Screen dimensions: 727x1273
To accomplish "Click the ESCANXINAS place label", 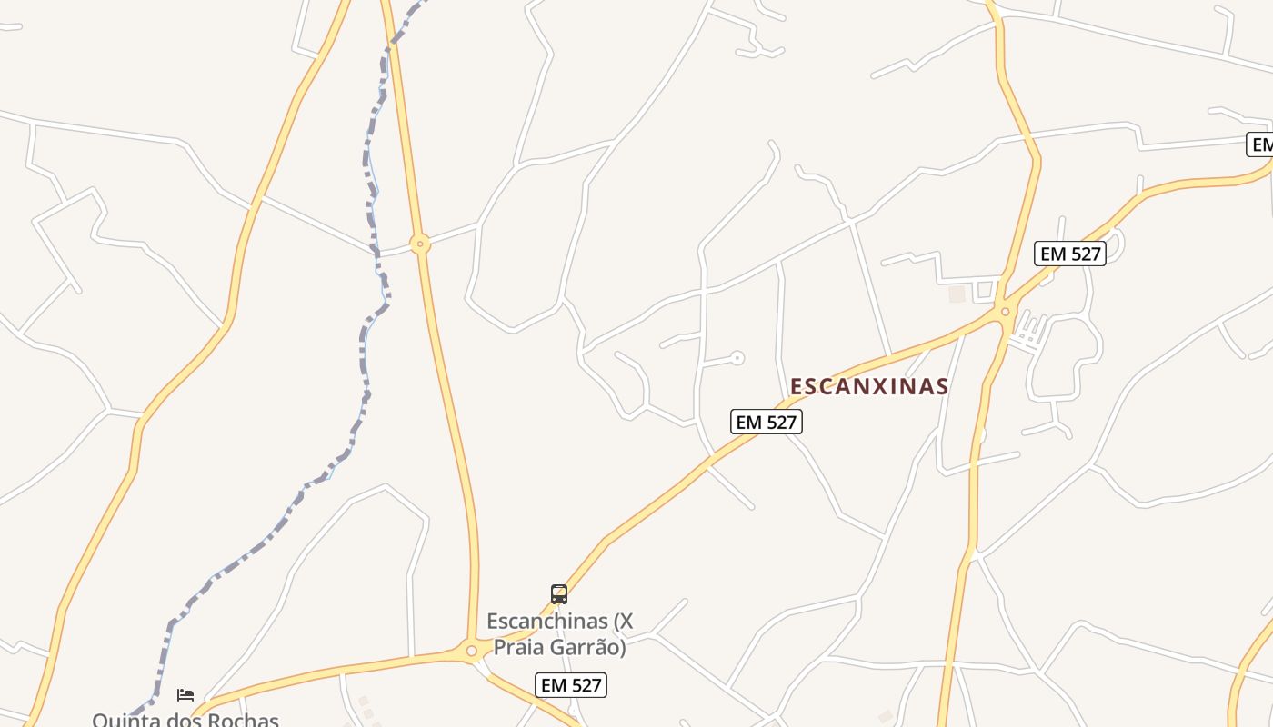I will click(868, 386).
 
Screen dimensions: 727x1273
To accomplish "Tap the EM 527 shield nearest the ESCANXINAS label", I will click(767, 422).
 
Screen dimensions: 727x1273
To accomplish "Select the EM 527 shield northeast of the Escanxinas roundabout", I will click(1070, 254).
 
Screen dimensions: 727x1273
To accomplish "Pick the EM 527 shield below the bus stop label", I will click(571, 685).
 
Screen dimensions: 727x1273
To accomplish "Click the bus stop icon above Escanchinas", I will click(559, 594).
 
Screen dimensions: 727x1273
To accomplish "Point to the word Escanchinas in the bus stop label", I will click(546, 622).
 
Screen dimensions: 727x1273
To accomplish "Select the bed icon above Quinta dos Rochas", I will click(185, 695).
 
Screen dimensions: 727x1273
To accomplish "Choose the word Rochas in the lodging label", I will click(243, 720).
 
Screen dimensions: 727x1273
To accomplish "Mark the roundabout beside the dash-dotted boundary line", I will click(419, 244).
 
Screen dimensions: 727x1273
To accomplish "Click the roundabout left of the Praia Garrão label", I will click(471, 651).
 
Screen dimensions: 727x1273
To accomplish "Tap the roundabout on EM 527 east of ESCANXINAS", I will click(1005, 312).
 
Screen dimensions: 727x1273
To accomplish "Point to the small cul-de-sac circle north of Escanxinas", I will click(737, 358).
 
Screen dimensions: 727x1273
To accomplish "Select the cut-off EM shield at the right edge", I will click(1261, 144).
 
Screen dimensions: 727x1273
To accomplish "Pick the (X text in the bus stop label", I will click(623, 622).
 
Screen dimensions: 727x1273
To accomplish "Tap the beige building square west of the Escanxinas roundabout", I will click(956, 294).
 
